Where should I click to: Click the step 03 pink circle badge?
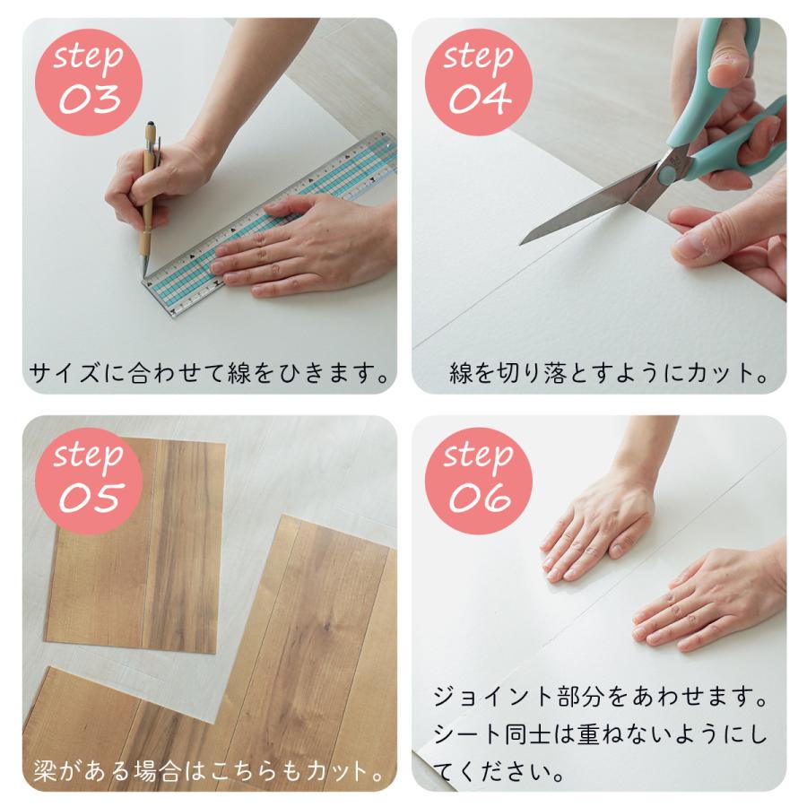[89, 80]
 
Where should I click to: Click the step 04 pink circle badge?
[478, 80]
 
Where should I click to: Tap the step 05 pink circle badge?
[89, 475]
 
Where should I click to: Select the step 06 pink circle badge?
[478, 475]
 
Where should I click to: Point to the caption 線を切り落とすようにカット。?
[609, 373]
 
